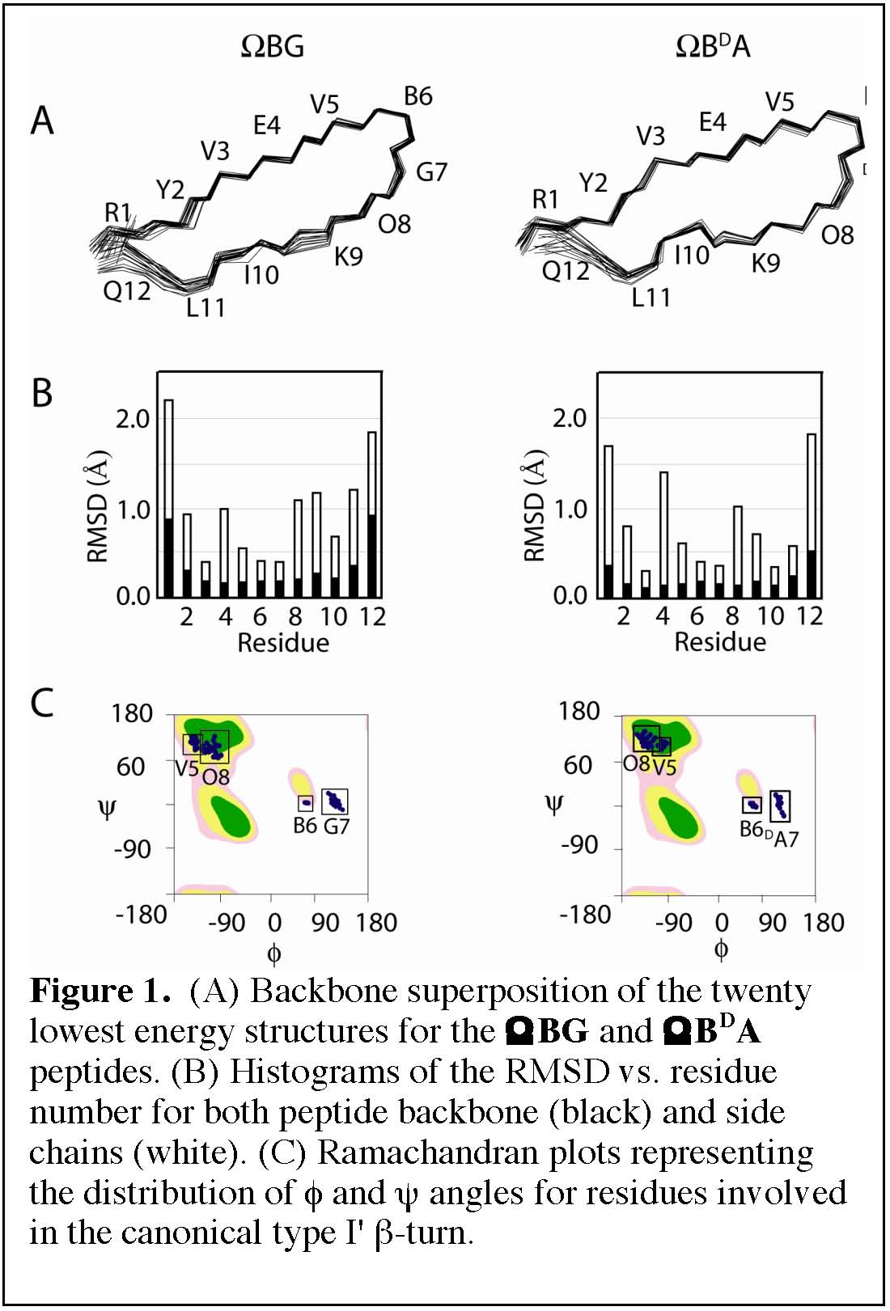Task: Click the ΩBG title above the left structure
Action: pos(273,46)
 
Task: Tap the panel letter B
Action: pos(41,394)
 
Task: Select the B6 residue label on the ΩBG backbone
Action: pos(417,97)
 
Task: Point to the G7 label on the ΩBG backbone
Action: pos(431,172)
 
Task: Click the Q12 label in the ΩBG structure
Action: pos(126,290)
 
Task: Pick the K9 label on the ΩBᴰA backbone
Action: pos(765,264)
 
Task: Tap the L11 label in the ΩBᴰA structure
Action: pos(651,298)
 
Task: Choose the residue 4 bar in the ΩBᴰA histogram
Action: pos(664,534)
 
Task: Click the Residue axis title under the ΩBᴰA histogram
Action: pos(719,642)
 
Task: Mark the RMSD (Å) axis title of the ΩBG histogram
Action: pos(98,505)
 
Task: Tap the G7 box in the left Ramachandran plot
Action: pos(334,801)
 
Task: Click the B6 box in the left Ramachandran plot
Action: pos(306,803)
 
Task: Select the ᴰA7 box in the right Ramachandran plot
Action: pos(780,806)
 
